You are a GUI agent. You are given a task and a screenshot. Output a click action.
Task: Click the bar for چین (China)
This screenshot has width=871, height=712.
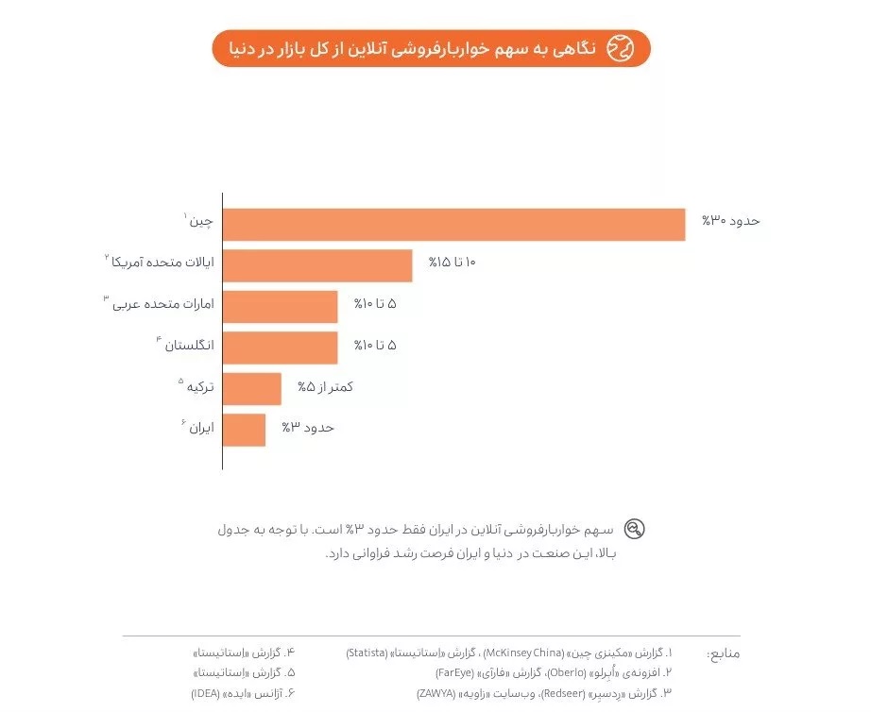pos(453,224)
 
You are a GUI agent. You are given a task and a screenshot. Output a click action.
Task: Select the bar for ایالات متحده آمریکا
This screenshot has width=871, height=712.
pos(317,265)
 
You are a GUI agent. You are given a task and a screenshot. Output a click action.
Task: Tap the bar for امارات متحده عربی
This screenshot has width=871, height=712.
pos(281,307)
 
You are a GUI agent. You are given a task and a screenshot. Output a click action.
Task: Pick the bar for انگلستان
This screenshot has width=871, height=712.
pos(281,348)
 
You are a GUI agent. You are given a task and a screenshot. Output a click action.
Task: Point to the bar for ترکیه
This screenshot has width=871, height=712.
pos(252,388)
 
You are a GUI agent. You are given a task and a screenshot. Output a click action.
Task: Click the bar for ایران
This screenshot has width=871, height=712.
pos(244,430)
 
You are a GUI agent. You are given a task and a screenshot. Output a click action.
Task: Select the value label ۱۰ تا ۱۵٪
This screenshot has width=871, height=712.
pos(452,263)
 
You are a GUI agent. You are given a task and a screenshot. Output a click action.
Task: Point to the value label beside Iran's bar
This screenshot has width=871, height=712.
pos(308,428)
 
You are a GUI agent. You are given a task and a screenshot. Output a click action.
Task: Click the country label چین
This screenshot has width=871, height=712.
pos(201,223)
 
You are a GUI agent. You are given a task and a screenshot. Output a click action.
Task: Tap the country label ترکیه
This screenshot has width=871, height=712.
pos(199,387)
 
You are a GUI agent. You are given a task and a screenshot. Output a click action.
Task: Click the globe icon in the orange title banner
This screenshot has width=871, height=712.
pos(620,47)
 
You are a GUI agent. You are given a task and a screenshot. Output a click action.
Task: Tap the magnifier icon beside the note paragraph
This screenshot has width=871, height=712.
pos(635,530)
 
